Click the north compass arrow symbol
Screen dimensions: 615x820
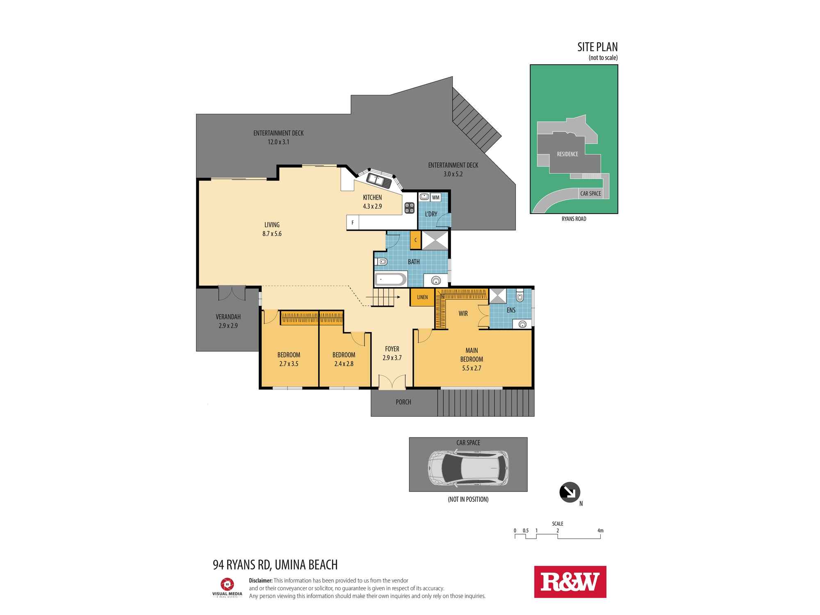pos(569,492)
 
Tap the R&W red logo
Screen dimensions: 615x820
pos(570,582)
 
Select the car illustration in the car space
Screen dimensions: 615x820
pos(468,468)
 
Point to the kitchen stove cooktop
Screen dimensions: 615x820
pos(409,208)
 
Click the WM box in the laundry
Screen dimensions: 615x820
pos(436,198)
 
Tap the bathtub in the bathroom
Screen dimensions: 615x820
pos(390,280)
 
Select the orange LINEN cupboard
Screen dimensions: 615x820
pos(422,297)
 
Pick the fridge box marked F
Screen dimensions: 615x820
pos(353,223)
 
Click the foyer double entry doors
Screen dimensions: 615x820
pos(392,382)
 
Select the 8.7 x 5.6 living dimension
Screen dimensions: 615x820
pos(272,234)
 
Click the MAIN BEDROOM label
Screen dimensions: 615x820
pos(471,355)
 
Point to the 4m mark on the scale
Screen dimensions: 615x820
pos(600,531)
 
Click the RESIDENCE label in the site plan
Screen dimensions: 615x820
pos(567,154)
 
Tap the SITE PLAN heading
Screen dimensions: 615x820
pos(597,47)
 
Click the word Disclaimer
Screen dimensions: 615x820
pos(260,581)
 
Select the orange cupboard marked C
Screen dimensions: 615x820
pos(415,240)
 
